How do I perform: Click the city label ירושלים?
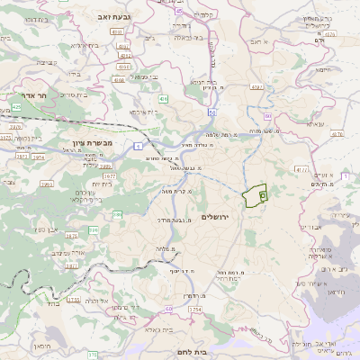(x=217, y=218)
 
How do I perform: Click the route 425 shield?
(x=16, y=107)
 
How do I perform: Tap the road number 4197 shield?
(x=256, y=87)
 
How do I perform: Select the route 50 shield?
(x=211, y=112)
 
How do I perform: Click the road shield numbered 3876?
(x=6, y=138)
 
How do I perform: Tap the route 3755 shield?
(x=74, y=300)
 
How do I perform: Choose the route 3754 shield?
(x=193, y=309)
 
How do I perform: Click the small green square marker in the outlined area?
(x=262, y=194)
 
